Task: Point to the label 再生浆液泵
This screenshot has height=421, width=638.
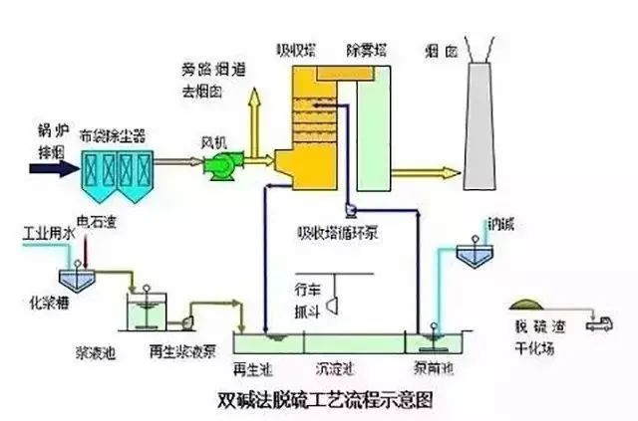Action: pyautogui.click(x=177, y=351)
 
